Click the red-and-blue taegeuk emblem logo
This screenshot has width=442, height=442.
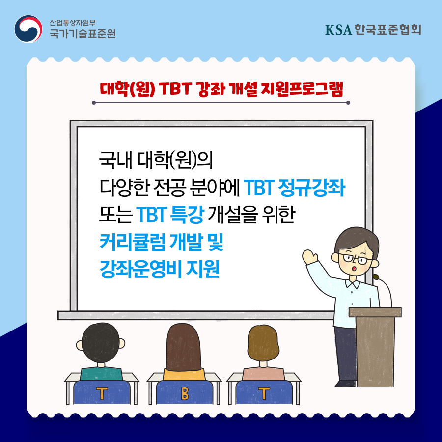coord(28,29)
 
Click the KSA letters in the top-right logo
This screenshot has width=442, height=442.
coord(338,30)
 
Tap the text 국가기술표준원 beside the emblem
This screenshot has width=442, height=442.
coord(83,34)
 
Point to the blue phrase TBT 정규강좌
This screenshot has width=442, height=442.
coord(294,188)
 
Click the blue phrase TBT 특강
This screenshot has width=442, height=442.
coord(170,215)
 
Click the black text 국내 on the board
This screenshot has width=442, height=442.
coord(115,160)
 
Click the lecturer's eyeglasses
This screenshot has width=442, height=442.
coord(355,258)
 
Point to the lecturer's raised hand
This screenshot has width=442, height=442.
coord(309,257)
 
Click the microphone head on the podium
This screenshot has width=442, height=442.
coord(376,277)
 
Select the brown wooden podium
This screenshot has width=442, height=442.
coord(375,347)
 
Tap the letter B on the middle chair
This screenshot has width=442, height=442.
coord(185,393)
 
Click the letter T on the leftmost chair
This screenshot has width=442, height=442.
coord(102,393)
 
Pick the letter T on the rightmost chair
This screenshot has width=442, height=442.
coord(264,393)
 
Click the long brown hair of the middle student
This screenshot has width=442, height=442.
coord(184,347)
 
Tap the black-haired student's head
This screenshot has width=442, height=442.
coord(101,343)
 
